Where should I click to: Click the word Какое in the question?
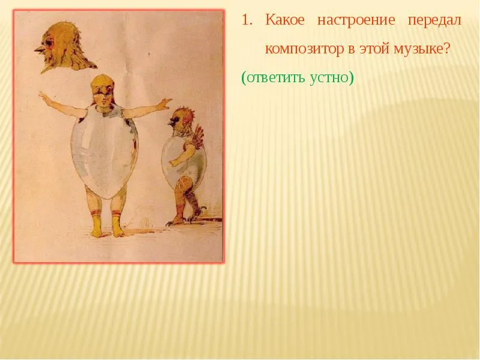coord(285,20)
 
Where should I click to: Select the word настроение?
coord(356,20)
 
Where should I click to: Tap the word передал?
coord(434,20)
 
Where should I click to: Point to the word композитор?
coord(305,49)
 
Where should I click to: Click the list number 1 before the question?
coord(247,20)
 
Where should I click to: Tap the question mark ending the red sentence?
coord(447,49)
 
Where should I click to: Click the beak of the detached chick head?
coord(40,49)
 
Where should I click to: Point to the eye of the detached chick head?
coord(49,43)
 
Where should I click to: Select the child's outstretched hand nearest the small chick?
coord(164,103)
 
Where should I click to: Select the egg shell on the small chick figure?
coord(184,159)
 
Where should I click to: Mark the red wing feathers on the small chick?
coord(197,136)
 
